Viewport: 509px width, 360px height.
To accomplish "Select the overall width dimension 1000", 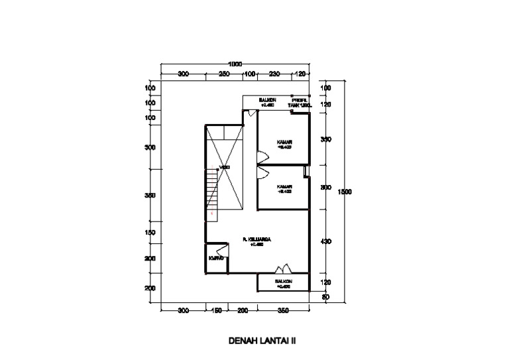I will tap(235, 64).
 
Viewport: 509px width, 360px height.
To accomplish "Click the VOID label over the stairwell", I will tap(225, 168).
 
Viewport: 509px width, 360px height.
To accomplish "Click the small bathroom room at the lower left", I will tap(216, 259).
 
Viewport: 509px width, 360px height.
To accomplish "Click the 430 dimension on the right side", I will tap(325, 242).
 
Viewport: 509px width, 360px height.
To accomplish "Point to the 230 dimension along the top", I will tap(276, 74).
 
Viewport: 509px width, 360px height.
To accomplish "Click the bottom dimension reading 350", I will tap(283, 310).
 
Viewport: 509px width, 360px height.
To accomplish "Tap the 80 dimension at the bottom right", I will tap(325, 297).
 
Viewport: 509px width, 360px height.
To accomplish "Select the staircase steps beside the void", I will tap(213, 188).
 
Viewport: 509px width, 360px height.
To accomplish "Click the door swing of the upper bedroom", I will tap(262, 157).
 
